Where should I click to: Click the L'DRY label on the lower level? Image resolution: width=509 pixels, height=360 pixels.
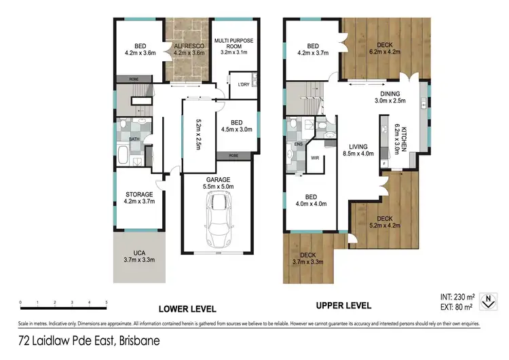[x=243, y=85]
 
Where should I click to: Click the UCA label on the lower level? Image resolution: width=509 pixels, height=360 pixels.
[x=138, y=253]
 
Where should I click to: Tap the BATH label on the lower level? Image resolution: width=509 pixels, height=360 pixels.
[x=134, y=139]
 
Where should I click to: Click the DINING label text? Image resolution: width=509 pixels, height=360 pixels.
[x=390, y=94]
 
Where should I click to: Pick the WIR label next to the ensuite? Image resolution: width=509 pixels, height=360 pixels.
[x=315, y=158]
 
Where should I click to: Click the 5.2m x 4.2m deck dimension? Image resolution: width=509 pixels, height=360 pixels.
[x=385, y=226]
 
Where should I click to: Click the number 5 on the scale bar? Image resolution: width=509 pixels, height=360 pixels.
[x=107, y=302]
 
